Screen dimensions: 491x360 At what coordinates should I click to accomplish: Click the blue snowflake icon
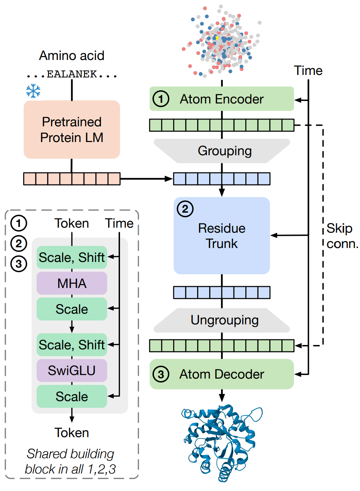coord(33,91)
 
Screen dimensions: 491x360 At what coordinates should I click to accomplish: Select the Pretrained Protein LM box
coord(72,130)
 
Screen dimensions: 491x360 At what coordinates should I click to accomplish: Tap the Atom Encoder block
coord(221,99)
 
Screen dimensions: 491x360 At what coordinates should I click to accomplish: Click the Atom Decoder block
coord(221,374)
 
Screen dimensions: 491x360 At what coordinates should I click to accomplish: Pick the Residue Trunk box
coord(221,236)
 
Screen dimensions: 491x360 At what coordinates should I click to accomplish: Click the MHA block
coord(72,283)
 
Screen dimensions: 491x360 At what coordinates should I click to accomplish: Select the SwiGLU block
coord(72,370)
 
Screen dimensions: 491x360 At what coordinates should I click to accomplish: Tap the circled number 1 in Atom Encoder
coord(161,99)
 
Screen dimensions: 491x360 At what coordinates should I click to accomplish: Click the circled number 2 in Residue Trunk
coord(185,209)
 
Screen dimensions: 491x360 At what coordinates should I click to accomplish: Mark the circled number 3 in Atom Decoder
coord(161,374)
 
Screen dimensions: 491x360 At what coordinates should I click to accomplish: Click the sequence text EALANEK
coord(72,74)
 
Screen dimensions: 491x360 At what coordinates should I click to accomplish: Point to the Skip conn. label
coord(342,236)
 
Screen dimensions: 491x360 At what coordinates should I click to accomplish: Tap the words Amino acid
coord(72,56)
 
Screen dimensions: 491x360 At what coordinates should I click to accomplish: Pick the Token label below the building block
coord(72,433)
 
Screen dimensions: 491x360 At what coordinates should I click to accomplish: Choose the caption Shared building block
coord(70,461)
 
